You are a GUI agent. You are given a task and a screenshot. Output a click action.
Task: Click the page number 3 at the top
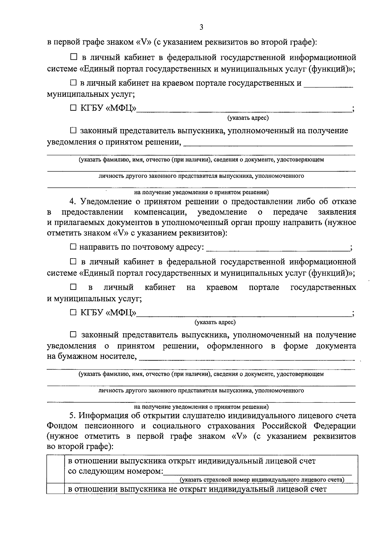202,28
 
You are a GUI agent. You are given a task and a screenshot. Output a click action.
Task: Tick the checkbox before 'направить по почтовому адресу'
73,247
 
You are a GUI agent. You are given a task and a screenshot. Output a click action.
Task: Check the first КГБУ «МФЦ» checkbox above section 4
73,108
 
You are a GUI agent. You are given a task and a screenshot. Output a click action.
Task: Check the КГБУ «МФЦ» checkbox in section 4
73,313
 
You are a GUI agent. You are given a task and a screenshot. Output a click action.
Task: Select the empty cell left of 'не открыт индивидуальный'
55,489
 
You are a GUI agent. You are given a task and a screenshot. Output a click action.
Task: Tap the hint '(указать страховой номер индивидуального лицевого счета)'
262,480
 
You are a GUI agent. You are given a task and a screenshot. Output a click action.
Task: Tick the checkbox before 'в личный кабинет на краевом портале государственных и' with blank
73,83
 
